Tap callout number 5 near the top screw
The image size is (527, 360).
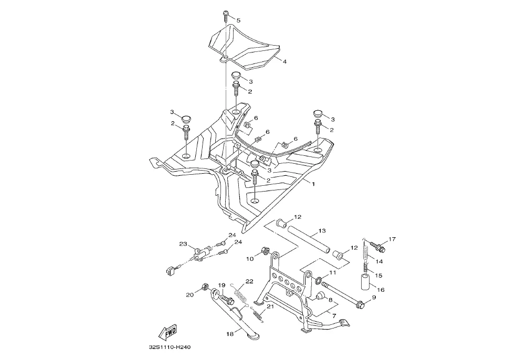click(x=238, y=20)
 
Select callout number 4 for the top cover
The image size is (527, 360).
click(x=284, y=61)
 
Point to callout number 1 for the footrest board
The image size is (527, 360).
click(x=313, y=185)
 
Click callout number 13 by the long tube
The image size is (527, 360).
click(x=322, y=231)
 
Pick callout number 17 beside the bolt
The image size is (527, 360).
click(x=392, y=240)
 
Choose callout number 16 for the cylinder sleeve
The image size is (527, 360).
click(x=381, y=289)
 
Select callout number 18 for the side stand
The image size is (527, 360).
click(x=229, y=333)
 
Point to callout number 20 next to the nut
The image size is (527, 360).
click(x=190, y=294)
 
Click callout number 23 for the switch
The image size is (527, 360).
click(x=183, y=244)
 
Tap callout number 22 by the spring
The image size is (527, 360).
click(x=249, y=282)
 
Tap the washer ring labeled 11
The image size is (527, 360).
click(x=319, y=278)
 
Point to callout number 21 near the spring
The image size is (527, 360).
click(x=270, y=306)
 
